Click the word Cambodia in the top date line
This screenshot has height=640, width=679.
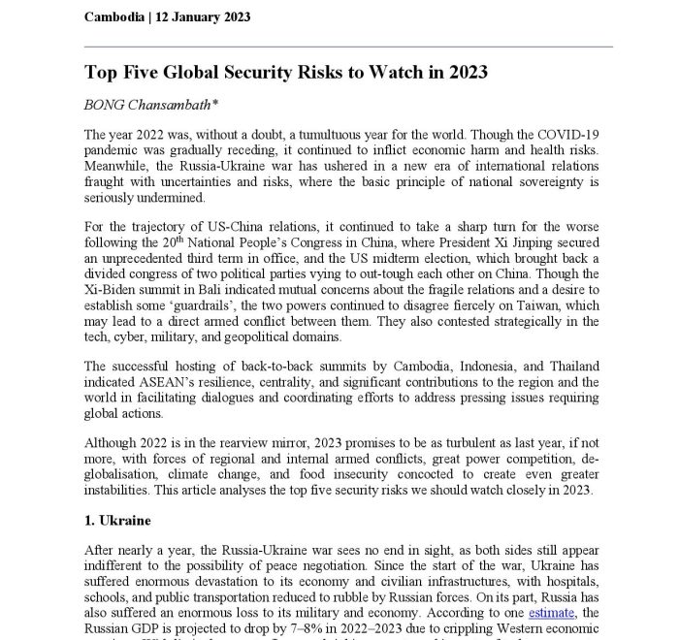pos(115,16)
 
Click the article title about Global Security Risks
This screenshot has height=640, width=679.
pos(288,74)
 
